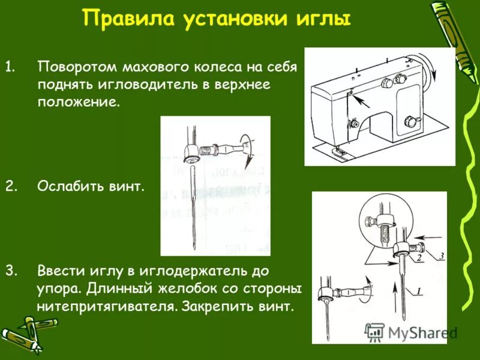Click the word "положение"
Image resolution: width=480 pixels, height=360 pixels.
tap(78, 103)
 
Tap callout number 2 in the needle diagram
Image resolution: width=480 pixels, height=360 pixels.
tap(420, 257)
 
